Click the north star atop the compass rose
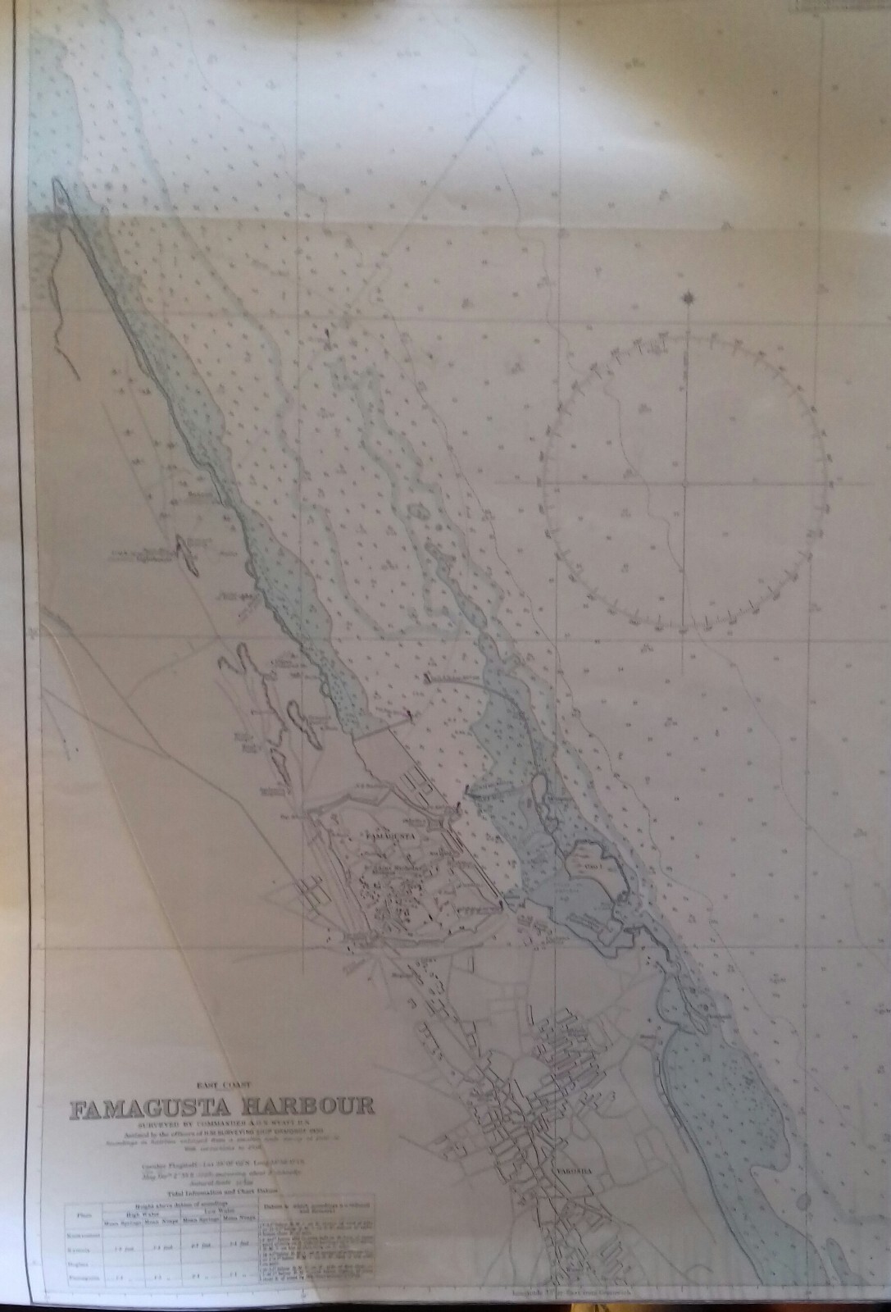pos(687,298)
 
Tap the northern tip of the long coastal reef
pos(57,181)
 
